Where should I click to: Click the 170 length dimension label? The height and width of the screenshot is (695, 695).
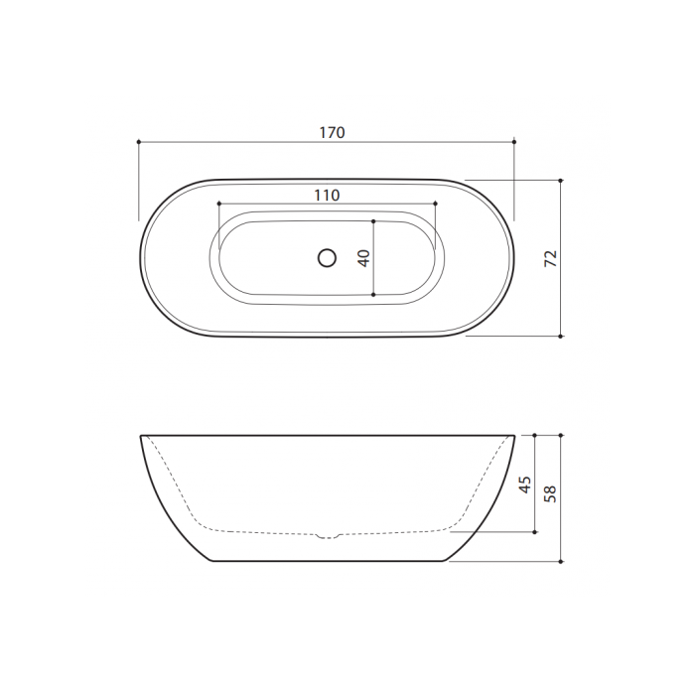[x=332, y=132]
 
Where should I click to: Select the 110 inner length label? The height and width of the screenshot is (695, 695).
[x=327, y=195]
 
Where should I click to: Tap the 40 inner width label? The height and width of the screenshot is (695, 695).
[x=364, y=258]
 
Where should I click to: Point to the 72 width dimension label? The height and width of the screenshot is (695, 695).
[x=550, y=258]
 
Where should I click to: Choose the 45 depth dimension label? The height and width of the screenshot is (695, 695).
[x=525, y=485]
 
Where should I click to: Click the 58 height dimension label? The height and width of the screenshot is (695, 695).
[x=550, y=493]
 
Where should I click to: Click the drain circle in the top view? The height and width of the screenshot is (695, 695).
[x=327, y=258]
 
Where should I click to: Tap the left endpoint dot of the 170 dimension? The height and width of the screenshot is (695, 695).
[x=139, y=142]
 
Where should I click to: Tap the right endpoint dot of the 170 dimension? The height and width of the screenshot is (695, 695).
[x=514, y=142]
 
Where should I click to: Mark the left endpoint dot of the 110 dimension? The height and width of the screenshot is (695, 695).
[x=219, y=204]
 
